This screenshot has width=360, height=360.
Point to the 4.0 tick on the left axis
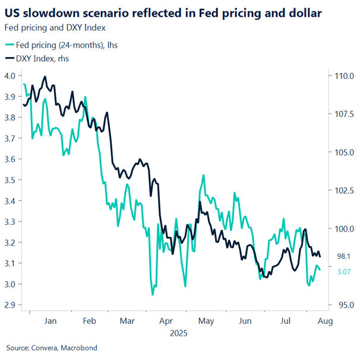[x=10, y=75]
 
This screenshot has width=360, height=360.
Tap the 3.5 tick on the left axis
[x=10, y=179]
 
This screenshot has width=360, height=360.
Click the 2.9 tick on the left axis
[x=10, y=305]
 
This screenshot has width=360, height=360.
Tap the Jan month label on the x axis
[x=50, y=321]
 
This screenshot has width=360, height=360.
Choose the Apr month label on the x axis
[x=165, y=321]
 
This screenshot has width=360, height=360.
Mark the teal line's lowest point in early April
[x=153, y=294]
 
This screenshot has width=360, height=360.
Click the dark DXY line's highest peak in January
[x=45, y=77]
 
